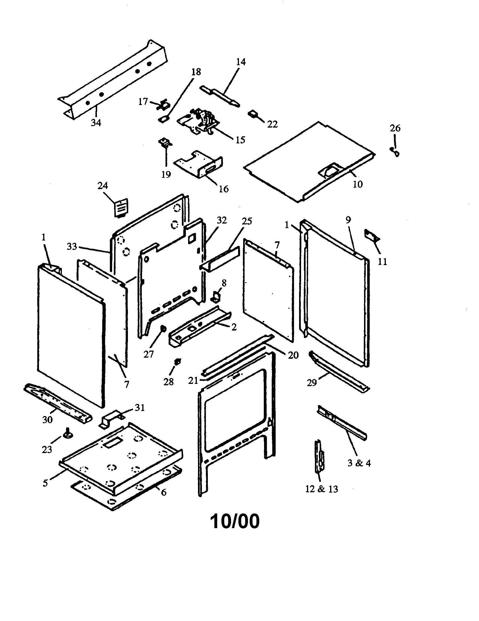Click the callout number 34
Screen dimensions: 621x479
(x=96, y=123)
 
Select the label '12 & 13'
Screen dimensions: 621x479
(x=321, y=489)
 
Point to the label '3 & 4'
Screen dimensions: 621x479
(x=359, y=463)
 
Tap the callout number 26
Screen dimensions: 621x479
(x=395, y=128)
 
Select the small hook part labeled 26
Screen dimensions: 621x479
(x=395, y=152)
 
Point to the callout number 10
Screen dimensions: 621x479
(x=358, y=184)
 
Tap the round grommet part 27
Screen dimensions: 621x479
(x=164, y=329)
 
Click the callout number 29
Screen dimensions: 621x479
(x=312, y=383)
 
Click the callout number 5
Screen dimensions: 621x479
(x=45, y=483)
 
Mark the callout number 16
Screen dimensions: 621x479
(x=224, y=189)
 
